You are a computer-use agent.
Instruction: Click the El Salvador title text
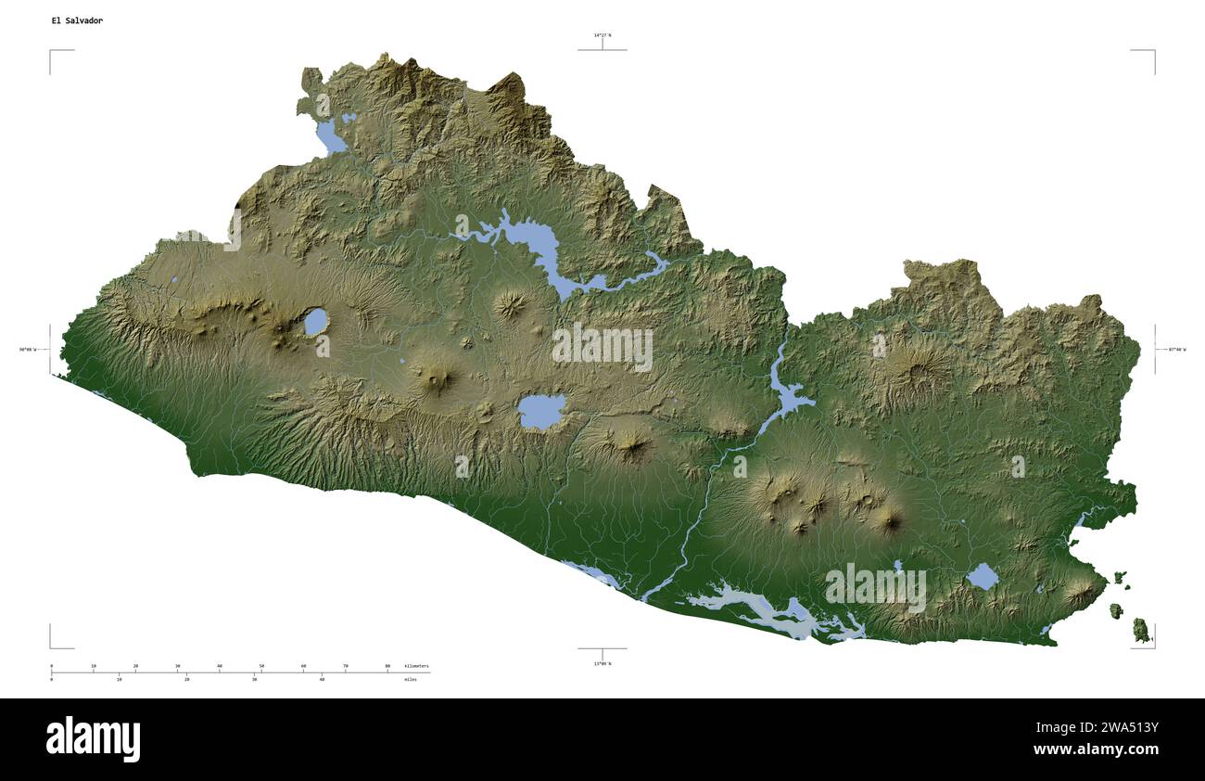click(77, 20)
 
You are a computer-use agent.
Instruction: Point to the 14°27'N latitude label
click(602, 35)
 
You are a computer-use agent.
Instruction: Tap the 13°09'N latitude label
click(602, 663)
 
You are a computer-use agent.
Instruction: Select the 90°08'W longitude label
click(32, 350)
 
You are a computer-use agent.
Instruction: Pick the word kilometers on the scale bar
click(417, 666)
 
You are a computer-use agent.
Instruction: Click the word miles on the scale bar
click(411, 680)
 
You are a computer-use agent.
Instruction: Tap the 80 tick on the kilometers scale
click(387, 666)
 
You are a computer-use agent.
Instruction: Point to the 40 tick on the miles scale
click(322, 680)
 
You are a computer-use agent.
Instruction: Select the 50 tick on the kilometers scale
click(261, 666)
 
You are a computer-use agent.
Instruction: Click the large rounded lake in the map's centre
click(542, 411)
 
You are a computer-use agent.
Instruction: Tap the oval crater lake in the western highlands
click(315, 322)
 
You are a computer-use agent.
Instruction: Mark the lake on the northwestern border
click(329, 137)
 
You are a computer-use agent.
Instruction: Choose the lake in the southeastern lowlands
click(983, 577)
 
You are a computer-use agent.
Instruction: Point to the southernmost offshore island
click(1141, 632)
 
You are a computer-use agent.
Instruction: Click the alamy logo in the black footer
click(94, 739)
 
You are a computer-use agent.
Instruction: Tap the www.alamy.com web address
click(1096, 749)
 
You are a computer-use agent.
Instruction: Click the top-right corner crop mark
click(1153, 51)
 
